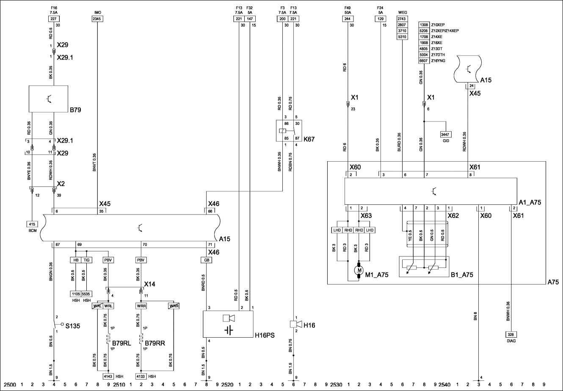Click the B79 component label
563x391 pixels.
coord(75,110)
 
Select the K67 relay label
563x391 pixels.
coord(309,138)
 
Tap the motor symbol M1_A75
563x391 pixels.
coord(359,270)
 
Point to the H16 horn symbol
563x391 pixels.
coord(296,324)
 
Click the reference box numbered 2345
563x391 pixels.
coord(97,19)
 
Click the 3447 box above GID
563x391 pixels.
coord(445,134)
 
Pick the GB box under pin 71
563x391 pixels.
coord(207,260)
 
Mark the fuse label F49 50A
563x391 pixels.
coord(348,10)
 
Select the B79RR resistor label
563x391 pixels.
coord(155,343)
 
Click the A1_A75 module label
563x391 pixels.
coord(530,202)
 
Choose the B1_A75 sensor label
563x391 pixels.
coord(462,275)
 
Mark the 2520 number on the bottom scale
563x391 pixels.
coord(227,385)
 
